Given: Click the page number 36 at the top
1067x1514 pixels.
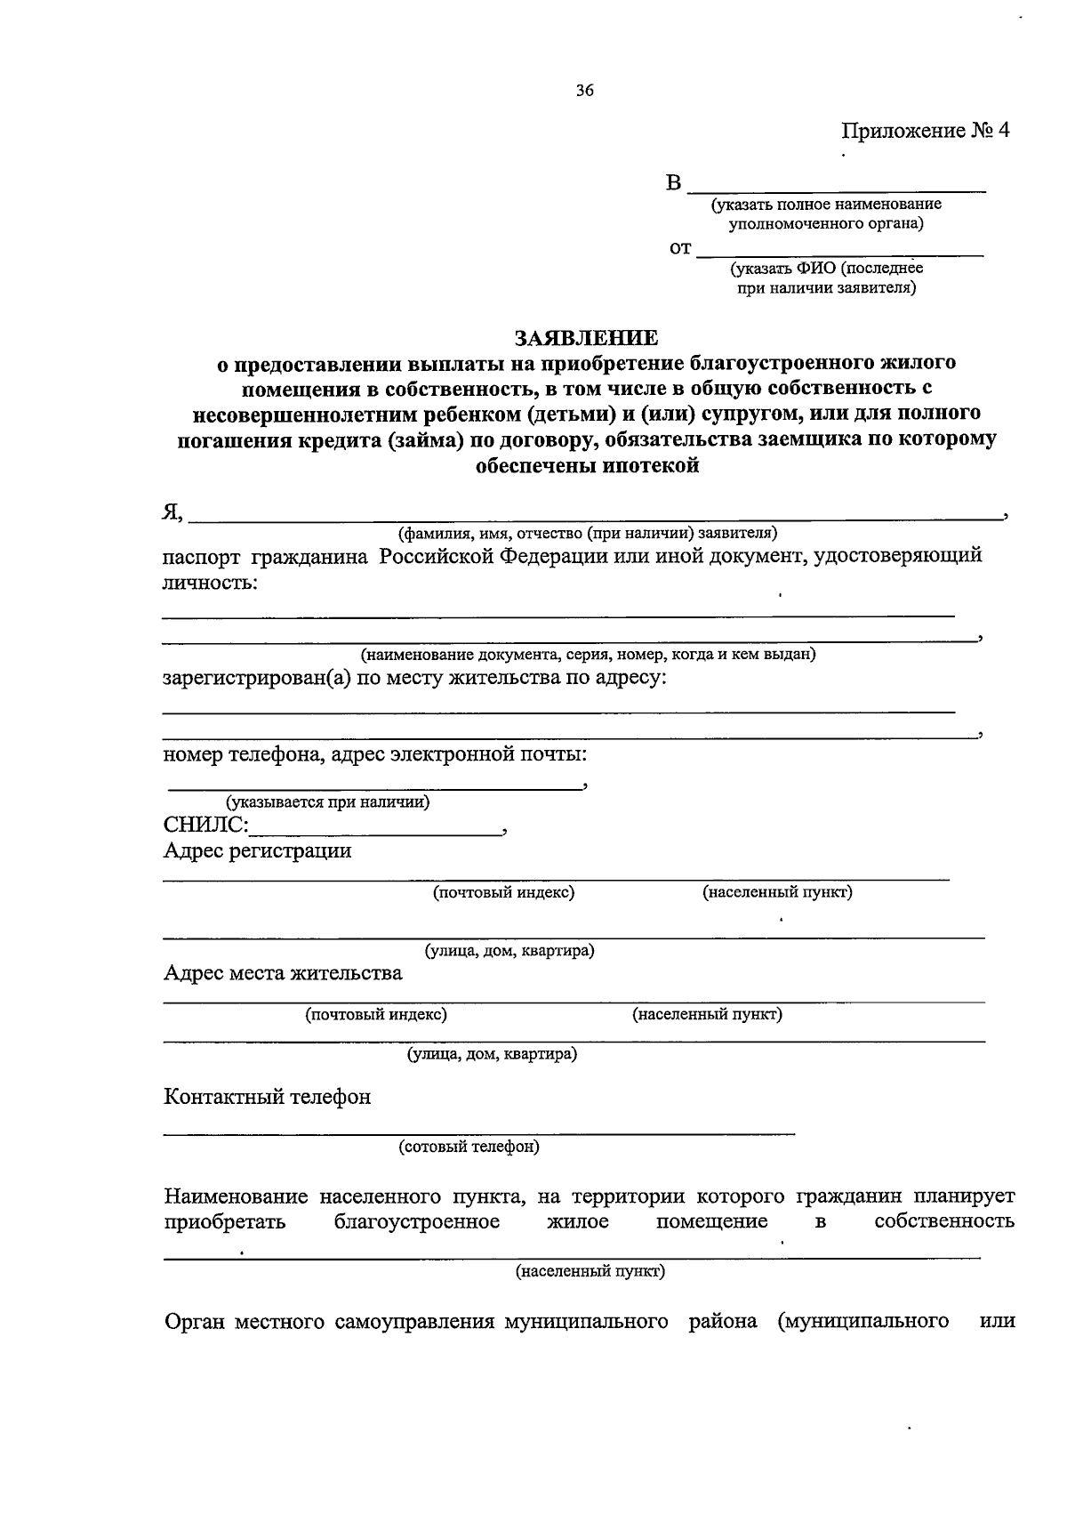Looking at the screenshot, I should (584, 91).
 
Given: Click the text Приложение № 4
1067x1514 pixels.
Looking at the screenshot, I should (926, 131).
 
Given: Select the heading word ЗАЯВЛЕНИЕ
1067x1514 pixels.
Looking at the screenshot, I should (588, 338).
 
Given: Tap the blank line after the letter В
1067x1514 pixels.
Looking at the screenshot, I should (837, 188).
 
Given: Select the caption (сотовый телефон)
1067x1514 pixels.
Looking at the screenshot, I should (469, 1147).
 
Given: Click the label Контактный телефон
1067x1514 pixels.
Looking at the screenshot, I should (267, 1097).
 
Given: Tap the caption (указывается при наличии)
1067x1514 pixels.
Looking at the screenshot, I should (327, 801).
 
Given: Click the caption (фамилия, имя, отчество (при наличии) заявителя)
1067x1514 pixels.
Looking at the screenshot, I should (588, 533).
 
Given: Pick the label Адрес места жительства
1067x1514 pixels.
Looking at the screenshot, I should (283, 973).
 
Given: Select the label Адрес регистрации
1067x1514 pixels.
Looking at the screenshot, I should (257, 851).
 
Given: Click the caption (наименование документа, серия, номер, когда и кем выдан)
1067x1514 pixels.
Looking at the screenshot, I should (588, 655).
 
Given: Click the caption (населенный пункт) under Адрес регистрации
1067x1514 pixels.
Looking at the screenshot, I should (777, 892).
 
